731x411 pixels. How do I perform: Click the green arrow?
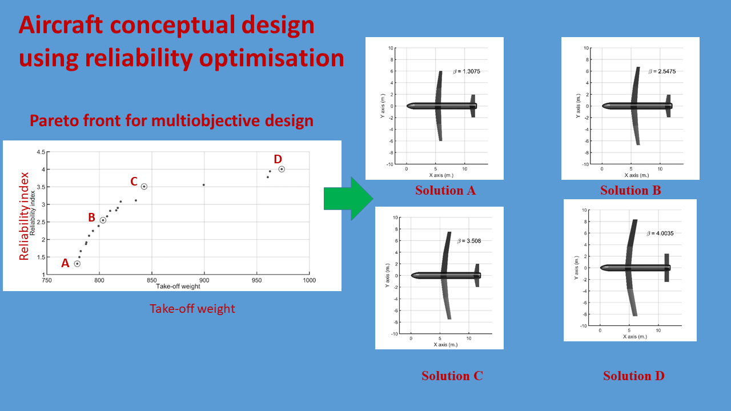click(348, 199)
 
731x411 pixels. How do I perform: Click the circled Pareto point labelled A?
click(77, 264)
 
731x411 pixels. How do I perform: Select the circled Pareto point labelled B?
click(103, 220)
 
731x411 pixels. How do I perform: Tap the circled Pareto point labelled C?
click(144, 187)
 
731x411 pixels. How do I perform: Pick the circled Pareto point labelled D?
click(282, 169)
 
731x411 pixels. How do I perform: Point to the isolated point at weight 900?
click(204, 185)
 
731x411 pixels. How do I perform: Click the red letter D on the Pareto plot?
click(278, 159)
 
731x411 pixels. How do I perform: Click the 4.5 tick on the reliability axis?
click(41, 152)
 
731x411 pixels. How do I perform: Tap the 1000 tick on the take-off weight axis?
click(309, 280)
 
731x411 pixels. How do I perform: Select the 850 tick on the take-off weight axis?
click(151, 280)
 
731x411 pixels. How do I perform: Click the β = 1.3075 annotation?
click(467, 71)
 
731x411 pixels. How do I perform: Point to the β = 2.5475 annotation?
click(662, 71)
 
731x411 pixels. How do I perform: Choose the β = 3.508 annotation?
click(469, 241)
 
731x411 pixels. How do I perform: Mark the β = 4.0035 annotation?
click(660, 233)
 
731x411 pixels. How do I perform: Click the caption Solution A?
click(445, 191)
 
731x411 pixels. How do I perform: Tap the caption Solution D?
click(634, 376)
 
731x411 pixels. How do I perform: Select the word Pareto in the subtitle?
click(54, 120)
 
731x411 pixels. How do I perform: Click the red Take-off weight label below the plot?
click(192, 309)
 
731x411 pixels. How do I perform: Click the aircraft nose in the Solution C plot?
click(412, 276)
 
